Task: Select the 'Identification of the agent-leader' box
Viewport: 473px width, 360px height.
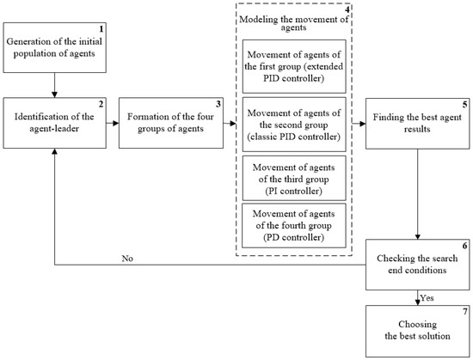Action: point(54,123)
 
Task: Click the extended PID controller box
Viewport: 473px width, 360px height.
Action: point(295,66)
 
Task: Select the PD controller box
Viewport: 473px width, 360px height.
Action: point(295,226)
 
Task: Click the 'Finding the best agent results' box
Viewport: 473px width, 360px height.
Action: point(417,123)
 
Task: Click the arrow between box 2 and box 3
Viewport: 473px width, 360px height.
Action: point(112,123)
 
